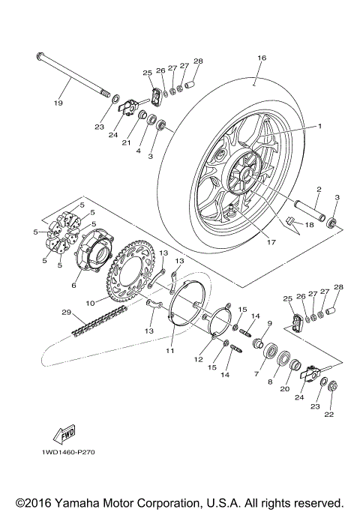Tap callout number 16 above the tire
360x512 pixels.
pyautogui.click(x=262, y=57)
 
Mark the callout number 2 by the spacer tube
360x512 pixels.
pyautogui.click(x=318, y=190)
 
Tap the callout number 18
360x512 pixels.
pyautogui.click(x=309, y=224)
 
